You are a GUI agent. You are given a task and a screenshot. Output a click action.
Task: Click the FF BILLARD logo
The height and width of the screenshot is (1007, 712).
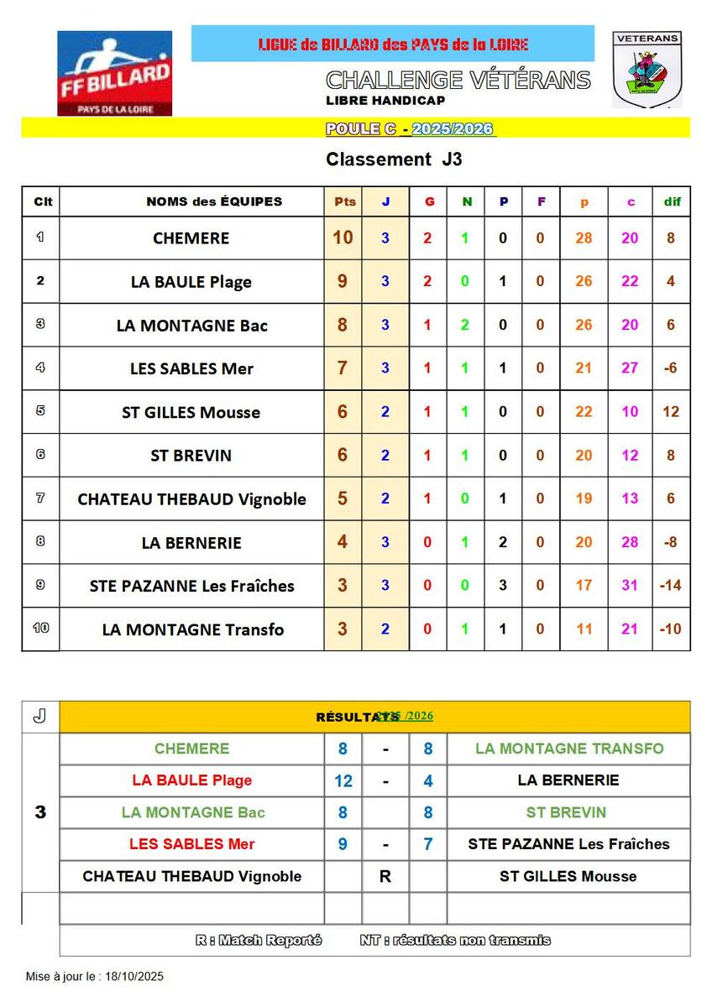coord(114,73)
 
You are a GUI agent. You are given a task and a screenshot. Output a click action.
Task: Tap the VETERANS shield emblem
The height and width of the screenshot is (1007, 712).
coord(647,70)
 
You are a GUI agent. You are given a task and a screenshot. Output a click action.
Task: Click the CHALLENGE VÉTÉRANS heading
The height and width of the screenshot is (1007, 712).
coord(458,81)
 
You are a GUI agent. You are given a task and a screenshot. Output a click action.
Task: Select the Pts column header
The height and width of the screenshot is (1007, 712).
coord(344,201)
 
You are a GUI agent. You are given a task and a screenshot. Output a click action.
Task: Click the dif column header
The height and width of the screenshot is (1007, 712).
coord(672,201)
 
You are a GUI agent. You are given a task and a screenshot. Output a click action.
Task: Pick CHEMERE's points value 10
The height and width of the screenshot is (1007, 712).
coord(343,237)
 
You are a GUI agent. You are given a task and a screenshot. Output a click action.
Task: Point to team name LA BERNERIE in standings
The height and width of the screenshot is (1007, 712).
coord(191,543)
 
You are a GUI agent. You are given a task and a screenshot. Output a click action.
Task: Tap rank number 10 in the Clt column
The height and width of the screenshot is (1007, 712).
coord(40,628)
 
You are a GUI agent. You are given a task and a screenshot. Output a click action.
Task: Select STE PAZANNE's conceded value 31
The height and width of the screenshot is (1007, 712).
coord(630,586)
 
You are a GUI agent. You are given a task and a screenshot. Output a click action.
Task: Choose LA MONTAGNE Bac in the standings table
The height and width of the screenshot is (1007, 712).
coord(191,326)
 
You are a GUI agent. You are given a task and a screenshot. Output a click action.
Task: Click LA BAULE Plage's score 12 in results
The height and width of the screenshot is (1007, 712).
coord(343,781)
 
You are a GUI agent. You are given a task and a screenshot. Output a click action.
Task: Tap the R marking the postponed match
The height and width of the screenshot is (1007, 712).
coord(385,876)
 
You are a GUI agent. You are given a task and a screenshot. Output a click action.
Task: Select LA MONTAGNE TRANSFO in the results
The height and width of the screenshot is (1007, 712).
coord(569,749)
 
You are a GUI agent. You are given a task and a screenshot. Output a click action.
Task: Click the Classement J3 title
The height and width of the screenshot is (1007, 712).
coord(394,159)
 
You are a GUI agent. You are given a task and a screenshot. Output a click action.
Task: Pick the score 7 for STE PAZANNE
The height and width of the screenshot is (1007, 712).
coord(428,844)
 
